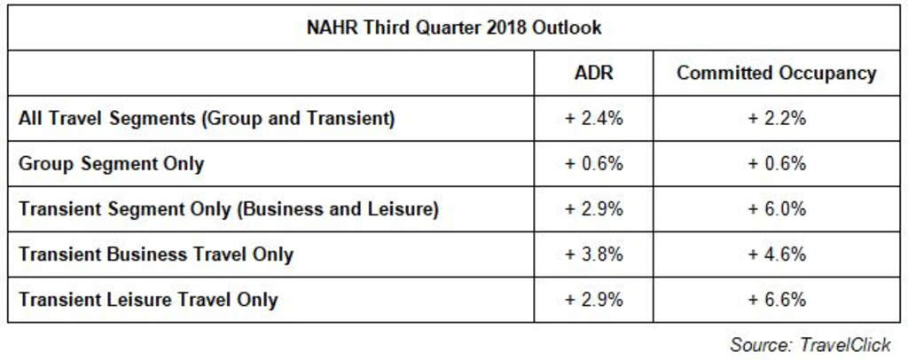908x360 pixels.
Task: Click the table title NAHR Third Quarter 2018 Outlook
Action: tap(454, 27)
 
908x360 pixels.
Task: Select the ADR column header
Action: tap(593, 73)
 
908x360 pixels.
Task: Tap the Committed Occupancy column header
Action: tap(776, 73)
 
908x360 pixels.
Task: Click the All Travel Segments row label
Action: tap(207, 118)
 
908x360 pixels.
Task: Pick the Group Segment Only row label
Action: tap(112, 163)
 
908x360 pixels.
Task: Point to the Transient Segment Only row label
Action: tap(229, 209)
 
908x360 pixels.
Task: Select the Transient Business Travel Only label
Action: tap(156, 254)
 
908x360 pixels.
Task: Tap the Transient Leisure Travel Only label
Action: tap(148, 300)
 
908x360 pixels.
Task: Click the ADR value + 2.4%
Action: tap(593, 118)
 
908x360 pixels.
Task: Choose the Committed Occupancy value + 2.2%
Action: tap(776, 118)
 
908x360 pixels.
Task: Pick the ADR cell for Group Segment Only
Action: tap(593, 163)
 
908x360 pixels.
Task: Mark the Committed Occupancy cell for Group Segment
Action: tap(776, 163)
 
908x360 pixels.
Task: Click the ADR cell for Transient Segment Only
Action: tap(593, 209)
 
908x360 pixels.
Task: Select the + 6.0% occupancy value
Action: tap(776, 209)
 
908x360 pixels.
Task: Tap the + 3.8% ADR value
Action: tap(593, 254)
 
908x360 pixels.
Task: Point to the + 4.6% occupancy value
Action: tap(776, 254)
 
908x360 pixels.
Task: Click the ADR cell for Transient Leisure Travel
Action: tap(593, 300)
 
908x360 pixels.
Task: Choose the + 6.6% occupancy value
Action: tap(776, 300)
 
